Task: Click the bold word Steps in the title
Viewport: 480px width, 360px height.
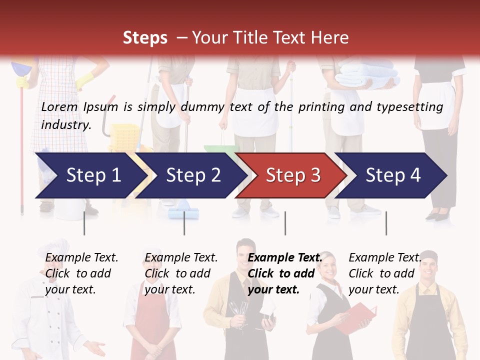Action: [145, 38]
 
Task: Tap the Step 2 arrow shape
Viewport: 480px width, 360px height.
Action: [190, 175]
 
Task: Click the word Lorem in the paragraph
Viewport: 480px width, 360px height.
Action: [59, 107]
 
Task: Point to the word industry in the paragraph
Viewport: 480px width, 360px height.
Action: [65, 125]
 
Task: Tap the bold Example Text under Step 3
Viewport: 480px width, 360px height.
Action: [285, 258]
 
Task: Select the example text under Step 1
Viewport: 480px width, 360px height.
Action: [81, 273]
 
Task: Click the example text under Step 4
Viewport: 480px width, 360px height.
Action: [384, 273]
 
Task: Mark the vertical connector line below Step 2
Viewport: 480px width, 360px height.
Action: [184, 223]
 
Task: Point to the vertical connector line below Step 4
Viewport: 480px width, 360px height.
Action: [386, 223]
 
